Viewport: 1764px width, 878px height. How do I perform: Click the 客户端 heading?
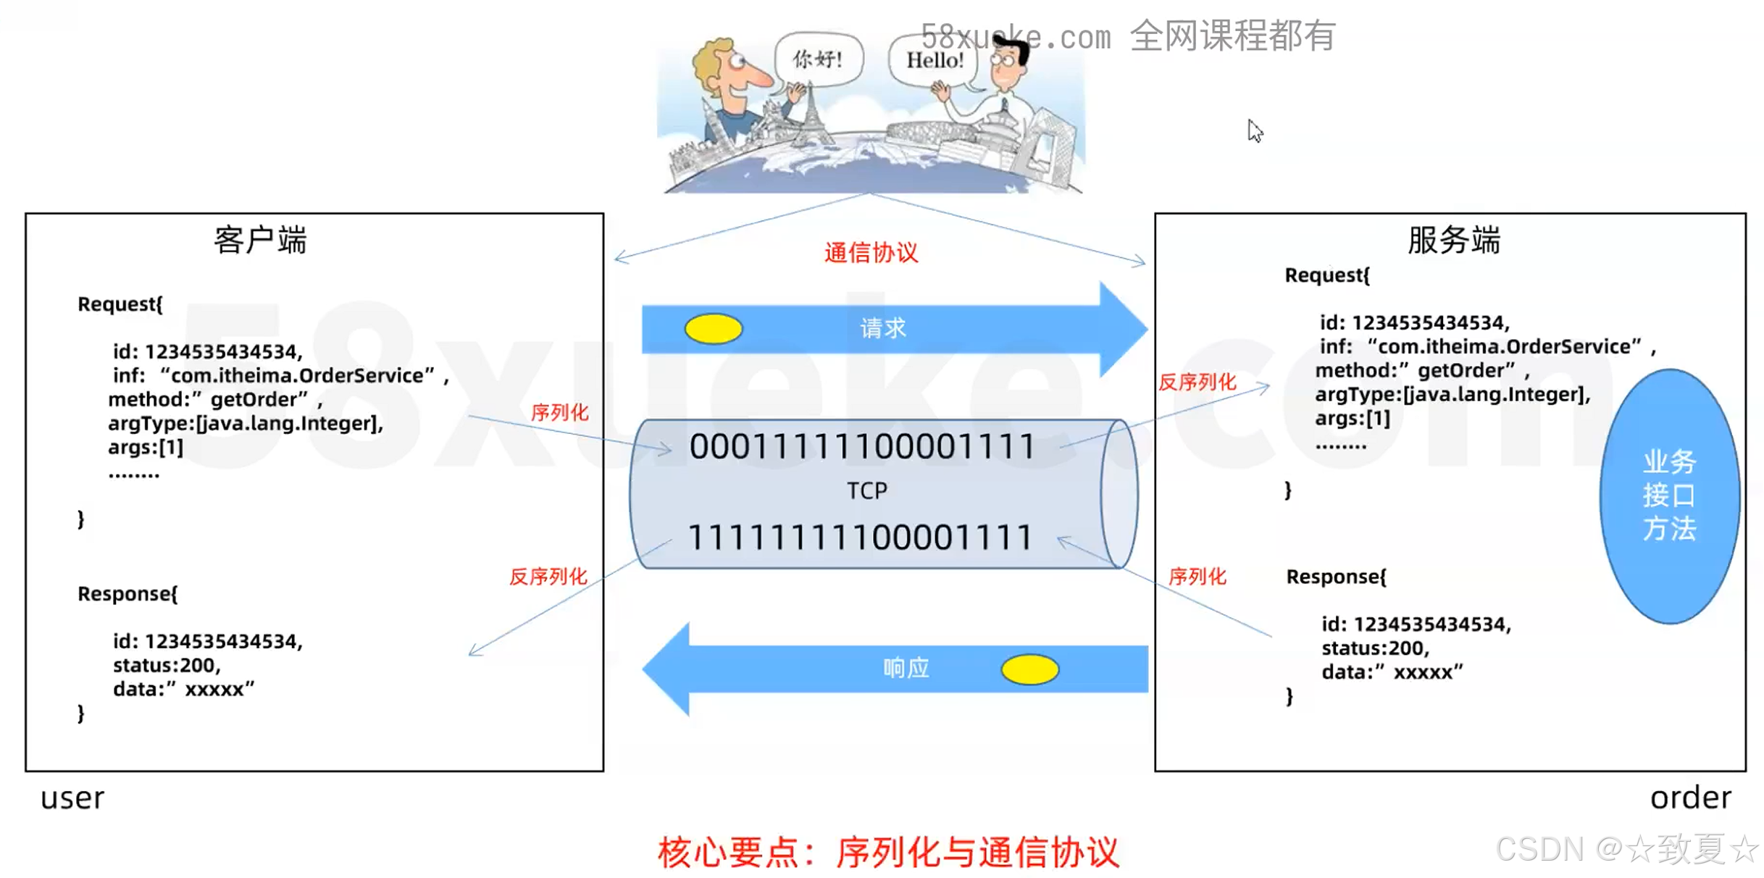pos(260,240)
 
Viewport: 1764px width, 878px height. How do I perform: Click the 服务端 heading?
pos(1453,240)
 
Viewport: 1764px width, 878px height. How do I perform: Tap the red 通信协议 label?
pos(871,253)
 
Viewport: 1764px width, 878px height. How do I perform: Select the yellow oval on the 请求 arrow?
pos(713,329)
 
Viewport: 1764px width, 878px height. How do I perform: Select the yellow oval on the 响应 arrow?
pos(1029,669)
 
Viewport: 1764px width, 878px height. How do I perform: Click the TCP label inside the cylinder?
pos(867,491)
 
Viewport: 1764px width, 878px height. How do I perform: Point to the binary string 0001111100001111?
pos(862,446)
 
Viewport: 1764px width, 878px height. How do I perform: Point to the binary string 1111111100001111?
pos(860,538)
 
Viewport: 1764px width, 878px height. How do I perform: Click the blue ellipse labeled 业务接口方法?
pos(1669,496)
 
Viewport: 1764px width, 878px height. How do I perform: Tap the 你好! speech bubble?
pos(818,59)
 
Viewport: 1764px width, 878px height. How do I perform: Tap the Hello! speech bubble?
pos(935,60)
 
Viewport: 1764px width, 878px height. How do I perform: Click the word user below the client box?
pos(72,798)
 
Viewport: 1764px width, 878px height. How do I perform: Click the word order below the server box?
pos(1690,798)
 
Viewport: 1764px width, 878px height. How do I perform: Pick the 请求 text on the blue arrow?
pos(883,329)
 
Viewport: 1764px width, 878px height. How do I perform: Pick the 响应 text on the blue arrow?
pos(906,668)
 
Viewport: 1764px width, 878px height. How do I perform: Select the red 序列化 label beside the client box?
pos(559,413)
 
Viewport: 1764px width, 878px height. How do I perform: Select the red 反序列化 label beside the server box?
pos(1197,382)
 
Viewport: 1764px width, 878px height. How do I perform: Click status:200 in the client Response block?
pos(167,665)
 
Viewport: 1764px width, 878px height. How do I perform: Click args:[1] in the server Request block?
pos(1353,419)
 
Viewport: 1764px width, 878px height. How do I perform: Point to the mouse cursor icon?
pos(1254,130)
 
